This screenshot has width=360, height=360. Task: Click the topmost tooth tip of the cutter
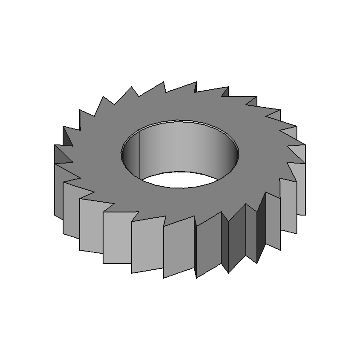click(196, 82)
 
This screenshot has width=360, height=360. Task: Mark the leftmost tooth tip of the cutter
click(55, 145)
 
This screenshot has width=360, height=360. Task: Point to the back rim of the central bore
click(180, 121)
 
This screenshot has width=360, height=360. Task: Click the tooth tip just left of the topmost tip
click(164, 81)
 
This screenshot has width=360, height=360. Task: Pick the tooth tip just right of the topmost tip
click(228, 88)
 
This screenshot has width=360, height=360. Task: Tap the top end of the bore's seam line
click(140, 132)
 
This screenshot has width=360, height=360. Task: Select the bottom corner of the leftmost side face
click(55, 216)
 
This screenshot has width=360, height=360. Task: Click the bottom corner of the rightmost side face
click(305, 215)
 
